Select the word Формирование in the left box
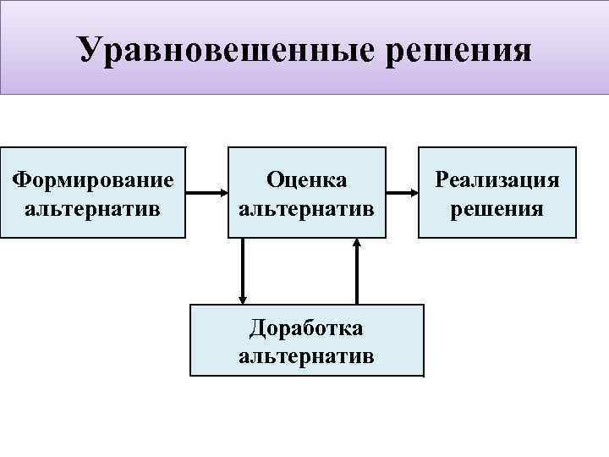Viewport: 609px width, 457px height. click(x=93, y=179)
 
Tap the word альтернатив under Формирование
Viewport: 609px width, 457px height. click(x=93, y=207)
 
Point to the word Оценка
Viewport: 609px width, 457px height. click(x=306, y=179)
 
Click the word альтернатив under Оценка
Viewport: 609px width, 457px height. click(x=306, y=207)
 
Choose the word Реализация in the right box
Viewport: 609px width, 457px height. click(x=497, y=179)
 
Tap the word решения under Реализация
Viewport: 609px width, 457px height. click(x=497, y=207)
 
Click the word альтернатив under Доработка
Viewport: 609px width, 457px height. click(x=306, y=355)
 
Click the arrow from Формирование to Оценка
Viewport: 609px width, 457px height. click(x=205, y=194)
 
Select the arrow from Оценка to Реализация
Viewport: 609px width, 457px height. click(x=402, y=194)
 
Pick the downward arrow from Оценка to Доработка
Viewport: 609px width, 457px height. click(x=244, y=269)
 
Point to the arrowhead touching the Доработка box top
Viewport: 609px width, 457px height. click(x=244, y=298)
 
